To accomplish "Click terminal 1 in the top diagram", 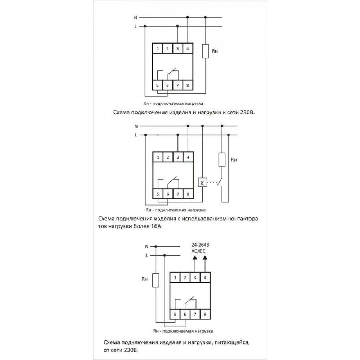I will coord(158,48).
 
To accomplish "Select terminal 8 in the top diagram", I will coord(188,85).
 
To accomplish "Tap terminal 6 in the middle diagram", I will coord(168,194).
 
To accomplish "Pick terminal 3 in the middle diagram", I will coord(178,157).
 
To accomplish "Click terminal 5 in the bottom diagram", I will coord(175,314).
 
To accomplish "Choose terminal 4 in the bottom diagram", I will coord(205,277).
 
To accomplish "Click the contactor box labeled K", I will coord(202,183).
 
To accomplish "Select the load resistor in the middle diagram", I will coord(222,159).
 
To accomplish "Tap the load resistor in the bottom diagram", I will coord(156,280).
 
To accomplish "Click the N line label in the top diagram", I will coord(135,17).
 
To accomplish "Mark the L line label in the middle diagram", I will coord(135,135).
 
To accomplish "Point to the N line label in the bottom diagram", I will coord(147,247).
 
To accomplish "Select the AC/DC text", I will coord(199,251).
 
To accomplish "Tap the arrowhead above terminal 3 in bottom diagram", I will coord(195,257).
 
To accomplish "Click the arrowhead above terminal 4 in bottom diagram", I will coord(205,257).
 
